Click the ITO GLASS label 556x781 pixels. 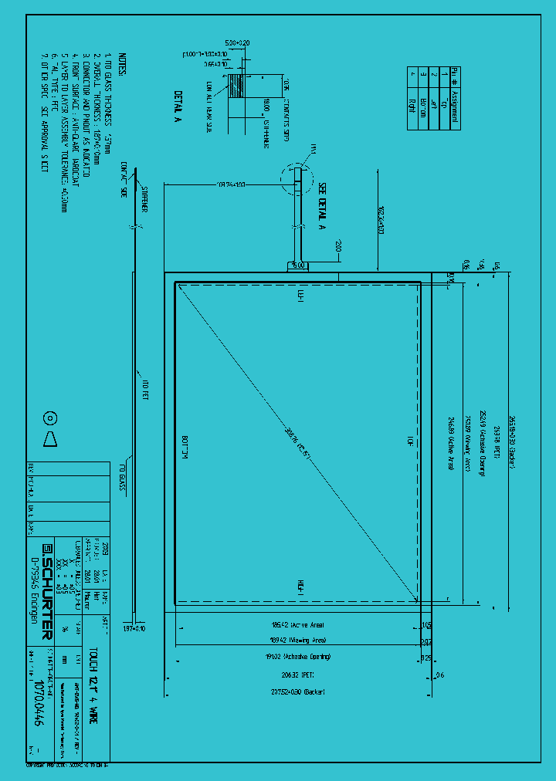pos(122,478)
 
